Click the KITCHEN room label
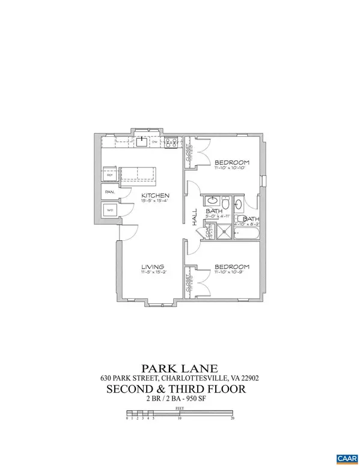click(155, 196)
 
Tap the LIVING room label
click(153, 267)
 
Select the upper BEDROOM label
click(233, 163)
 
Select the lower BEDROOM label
click(232, 267)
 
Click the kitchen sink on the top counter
click(141, 142)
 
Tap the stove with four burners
click(171, 143)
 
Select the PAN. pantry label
click(110, 192)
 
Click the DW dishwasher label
click(154, 142)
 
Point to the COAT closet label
click(210, 231)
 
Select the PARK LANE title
click(180, 368)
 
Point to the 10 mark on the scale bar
click(179, 418)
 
